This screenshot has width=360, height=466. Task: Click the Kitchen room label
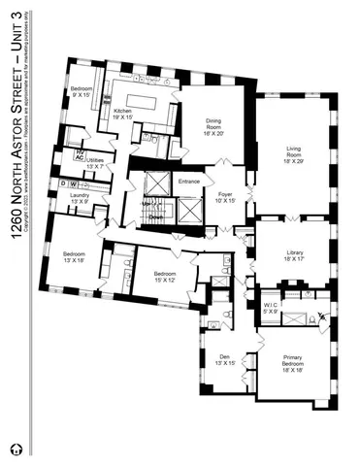coord(123,115)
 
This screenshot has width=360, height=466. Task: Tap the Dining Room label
coord(213,125)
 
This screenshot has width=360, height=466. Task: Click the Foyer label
coord(224,195)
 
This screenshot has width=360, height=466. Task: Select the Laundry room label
coord(80,198)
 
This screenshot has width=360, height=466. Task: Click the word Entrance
coord(189,182)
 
